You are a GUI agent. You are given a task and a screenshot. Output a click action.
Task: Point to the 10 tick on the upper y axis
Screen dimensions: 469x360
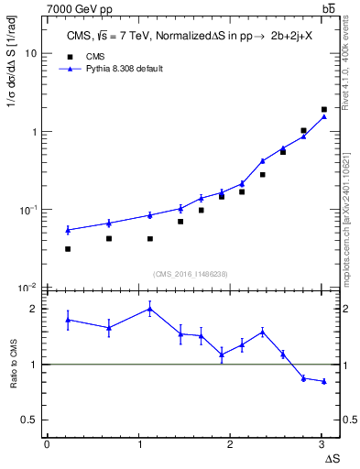(x=30, y=53)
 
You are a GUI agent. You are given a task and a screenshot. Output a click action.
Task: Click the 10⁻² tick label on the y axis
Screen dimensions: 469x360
(x=27, y=288)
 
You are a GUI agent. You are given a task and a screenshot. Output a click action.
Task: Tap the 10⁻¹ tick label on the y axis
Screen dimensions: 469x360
(x=27, y=210)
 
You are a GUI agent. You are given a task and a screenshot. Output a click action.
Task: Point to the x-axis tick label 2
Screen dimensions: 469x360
(x=230, y=444)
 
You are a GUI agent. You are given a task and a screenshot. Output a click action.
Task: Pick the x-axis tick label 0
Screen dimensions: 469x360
(x=47, y=444)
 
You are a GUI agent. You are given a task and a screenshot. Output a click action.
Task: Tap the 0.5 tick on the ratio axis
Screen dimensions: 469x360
(x=31, y=420)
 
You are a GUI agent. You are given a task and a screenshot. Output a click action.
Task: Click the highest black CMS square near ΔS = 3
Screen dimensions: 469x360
(x=323, y=109)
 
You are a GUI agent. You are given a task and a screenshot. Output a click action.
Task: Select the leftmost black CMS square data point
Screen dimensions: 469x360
(x=68, y=248)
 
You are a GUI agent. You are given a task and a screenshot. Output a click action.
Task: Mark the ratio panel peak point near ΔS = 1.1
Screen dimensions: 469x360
(x=149, y=309)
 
